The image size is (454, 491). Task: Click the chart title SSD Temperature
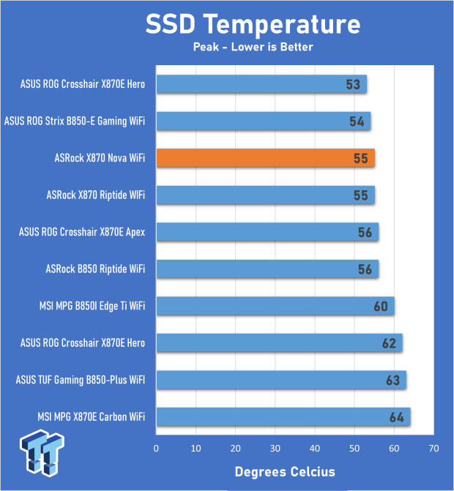point(253,24)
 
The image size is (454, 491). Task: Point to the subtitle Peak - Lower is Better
point(253,48)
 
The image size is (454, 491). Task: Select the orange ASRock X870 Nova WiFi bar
point(266,157)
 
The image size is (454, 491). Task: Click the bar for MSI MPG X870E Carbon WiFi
point(283,416)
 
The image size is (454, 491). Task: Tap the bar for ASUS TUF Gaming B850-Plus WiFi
point(281,380)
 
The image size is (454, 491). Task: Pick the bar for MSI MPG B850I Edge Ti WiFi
point(275,306)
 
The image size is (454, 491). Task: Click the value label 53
point(354,84)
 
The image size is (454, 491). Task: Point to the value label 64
point(397,417)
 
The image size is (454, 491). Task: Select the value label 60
point(381,306)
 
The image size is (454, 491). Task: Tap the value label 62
point(389,342)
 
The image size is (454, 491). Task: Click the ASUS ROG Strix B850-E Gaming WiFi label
point(75,121)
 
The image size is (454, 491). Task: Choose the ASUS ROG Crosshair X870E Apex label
point(82,232)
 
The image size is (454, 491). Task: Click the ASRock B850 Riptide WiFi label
point(95,269)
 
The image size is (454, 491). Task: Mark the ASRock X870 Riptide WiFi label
point(95,195)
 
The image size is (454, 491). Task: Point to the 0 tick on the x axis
point(156,446)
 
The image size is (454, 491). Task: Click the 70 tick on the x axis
point(433,446)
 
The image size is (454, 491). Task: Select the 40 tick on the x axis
point(315,446)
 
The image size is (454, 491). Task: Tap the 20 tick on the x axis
point(235,446)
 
